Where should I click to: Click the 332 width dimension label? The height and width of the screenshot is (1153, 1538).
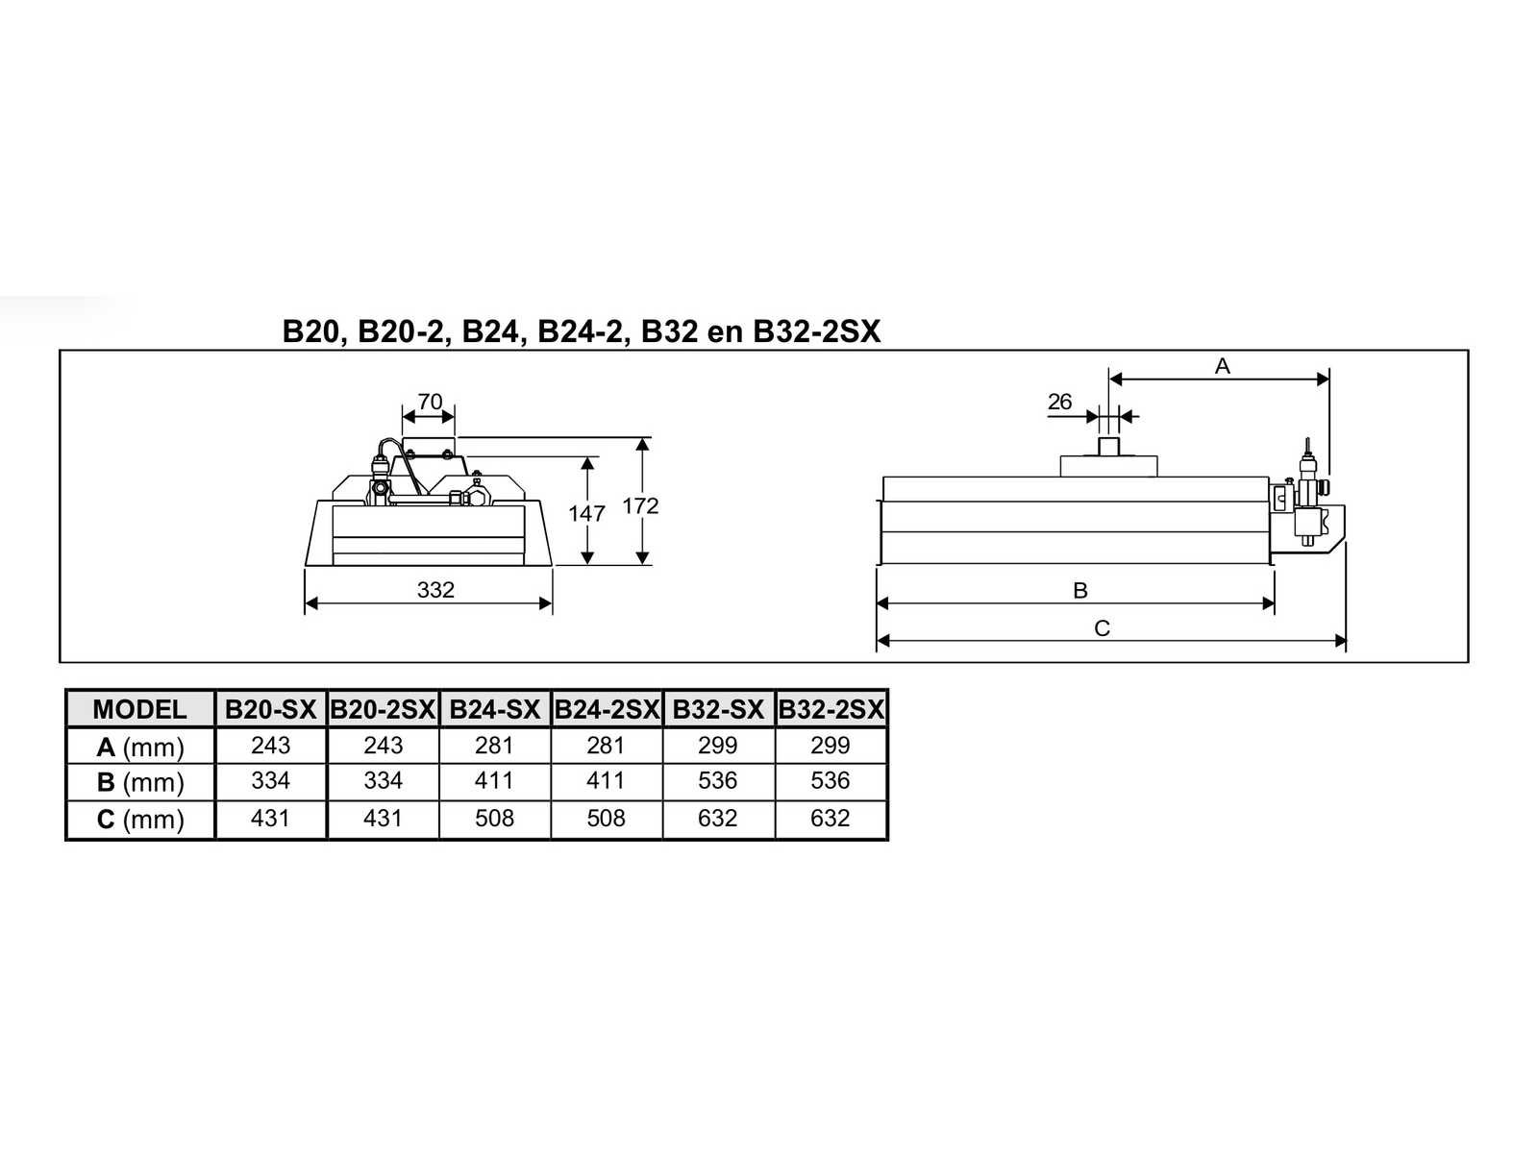(435, 590)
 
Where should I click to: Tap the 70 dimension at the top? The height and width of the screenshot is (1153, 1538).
(430, 401)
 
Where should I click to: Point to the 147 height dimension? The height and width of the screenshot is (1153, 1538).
(585, 514)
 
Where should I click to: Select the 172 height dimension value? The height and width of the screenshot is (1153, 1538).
(640, 505)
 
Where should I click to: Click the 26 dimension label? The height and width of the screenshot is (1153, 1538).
(1059, 401)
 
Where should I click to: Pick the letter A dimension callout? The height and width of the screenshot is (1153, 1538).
(1222, 365)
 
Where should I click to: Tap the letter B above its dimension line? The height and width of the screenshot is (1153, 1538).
(1079, 590)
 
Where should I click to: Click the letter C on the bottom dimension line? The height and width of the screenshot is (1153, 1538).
(1102, 628)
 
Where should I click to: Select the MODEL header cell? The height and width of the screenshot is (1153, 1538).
(139, 710)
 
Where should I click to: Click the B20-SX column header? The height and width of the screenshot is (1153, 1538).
(270, 710)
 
